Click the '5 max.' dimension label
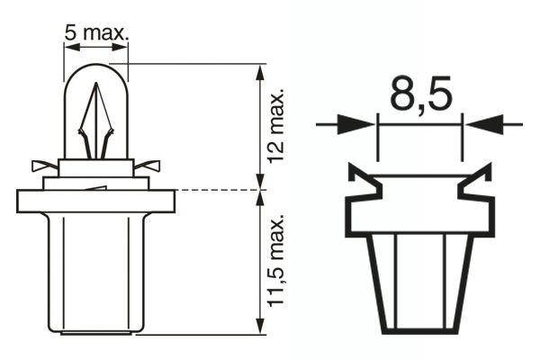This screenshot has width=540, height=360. [x=96, y=33]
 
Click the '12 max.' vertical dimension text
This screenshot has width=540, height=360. [x=276, y=125]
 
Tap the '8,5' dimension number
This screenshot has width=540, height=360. [x=419, y=93]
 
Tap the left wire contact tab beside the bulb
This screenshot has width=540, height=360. [x=43, y=166]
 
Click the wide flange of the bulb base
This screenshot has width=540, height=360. [x=95, y=201]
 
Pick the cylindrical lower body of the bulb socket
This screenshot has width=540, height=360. [x=95, y=270]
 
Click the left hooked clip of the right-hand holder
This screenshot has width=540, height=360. [x=362, y=184]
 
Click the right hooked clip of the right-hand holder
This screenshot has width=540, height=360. [x=475, y=184]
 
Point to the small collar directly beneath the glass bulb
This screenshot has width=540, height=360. [x=95, y=167]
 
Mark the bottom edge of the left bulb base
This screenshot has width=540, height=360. [x=95, y=332]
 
